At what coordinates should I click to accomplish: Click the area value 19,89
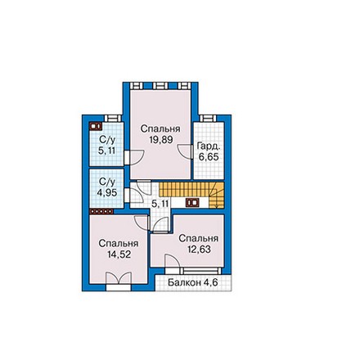point(161,140)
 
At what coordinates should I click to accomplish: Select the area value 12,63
point(199,250)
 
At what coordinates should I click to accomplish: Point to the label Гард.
point(208,146)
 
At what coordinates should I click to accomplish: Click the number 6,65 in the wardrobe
point(209,157)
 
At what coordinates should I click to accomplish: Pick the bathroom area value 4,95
point(107,192)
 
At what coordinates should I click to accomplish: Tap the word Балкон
point(184,283)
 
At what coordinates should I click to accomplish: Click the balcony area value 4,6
point(210,283)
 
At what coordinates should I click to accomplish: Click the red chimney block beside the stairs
point(192,203)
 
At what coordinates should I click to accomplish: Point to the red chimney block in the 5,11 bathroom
point(95,126)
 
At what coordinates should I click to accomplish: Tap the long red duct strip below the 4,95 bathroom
point(101,211)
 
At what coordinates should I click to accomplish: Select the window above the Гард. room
point(207,118)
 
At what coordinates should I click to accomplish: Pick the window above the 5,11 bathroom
point(113,118)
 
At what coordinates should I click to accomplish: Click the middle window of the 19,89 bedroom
point(160,86)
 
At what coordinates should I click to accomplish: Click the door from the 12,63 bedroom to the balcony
point(173,262)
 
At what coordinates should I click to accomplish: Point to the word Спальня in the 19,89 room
point(160,128)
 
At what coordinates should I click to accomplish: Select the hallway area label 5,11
point(160,204)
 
